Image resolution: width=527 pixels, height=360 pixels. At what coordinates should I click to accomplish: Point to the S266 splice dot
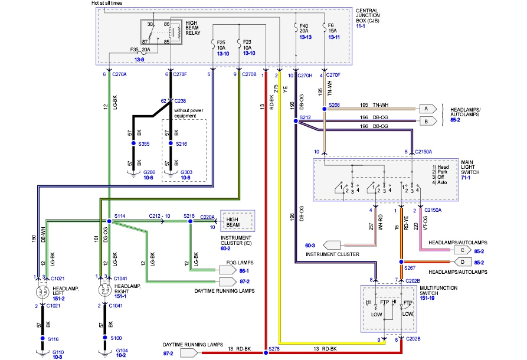324,109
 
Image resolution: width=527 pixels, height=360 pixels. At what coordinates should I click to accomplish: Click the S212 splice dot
295,121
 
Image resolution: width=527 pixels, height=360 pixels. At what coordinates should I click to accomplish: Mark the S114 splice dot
109,221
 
